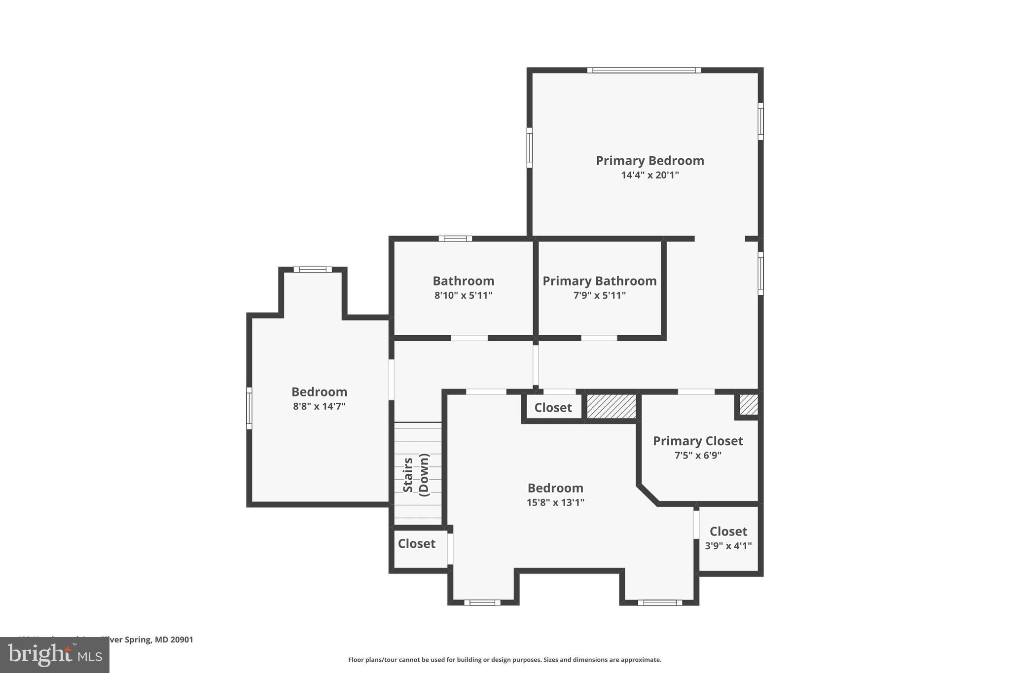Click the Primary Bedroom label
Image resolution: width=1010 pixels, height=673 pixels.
[649, 161]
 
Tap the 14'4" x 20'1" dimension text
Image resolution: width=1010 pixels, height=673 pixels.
[649, 175]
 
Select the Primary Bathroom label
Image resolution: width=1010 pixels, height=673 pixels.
[599, 281]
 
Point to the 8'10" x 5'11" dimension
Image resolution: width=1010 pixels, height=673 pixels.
[463, 295]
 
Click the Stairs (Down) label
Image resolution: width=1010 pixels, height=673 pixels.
[416, 475]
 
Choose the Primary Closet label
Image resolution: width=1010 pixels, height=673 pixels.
[697, 441]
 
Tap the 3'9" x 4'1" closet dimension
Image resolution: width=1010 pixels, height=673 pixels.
[728, 546]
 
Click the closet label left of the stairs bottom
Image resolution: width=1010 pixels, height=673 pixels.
[416, 543]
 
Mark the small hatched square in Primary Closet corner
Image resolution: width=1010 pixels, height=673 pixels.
[749, 404]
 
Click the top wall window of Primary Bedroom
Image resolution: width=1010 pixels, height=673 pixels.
[644, 71]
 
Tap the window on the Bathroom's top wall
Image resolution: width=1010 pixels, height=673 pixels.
[455, 239]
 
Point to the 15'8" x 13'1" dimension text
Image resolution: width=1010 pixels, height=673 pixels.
[555, 502]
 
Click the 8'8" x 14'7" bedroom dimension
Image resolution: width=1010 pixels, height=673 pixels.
[319, 406]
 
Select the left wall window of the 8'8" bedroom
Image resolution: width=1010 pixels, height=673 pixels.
[249, 408]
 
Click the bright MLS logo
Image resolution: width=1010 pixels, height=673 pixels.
[55, 655]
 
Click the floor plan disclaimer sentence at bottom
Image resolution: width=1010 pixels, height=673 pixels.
[505, 660]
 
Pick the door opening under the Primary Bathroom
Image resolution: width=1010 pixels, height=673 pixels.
[599, 338]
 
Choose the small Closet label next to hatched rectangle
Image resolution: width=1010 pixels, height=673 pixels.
[553, 408]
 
